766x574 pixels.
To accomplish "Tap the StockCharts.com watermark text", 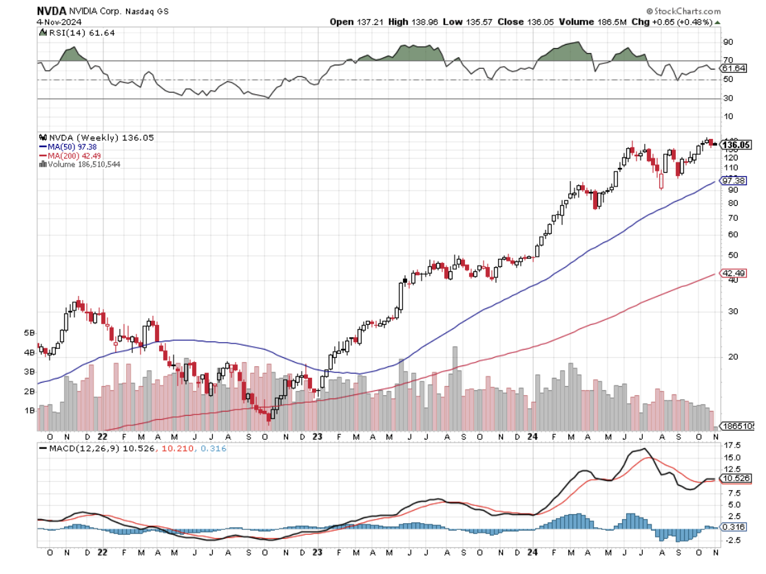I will pyautogui.click(x=687, y=12).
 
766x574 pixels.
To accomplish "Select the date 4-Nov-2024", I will pyautogui.click(x=57, y=21).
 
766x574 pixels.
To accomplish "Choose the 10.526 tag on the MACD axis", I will pyautogui.click(x=734, y=478).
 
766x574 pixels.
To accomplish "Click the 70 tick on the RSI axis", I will pyautogui.click(x=726, y=61).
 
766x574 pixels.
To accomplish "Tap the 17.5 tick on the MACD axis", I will pyautogui.click(x=730, y=445).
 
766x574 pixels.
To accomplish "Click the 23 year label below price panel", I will pyautogui.click(x=318, y=436).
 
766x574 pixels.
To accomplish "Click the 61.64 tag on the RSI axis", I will pyautogui.click(x=732, y=69).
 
